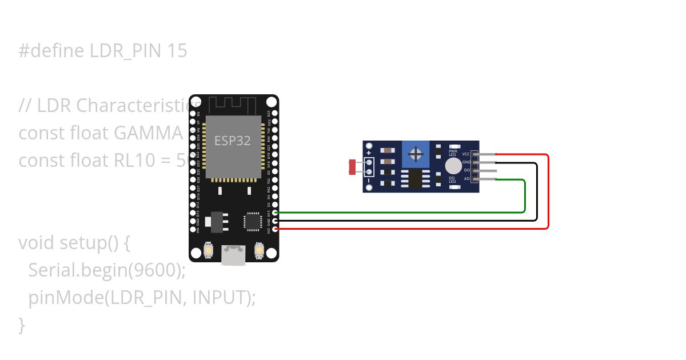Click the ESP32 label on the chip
click(233, 141)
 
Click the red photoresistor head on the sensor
click(352, 167)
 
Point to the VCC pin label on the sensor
click(466, 154)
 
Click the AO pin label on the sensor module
click(467, 179)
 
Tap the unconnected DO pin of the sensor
click(485, 171)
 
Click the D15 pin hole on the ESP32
click(275, 213)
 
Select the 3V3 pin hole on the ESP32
click(275, 229)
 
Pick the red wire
click(548, 194)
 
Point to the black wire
click(536, 194)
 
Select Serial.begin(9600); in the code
click(107, 270)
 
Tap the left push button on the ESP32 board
click(208, 250)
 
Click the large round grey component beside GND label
click(453, 166)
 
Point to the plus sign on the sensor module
click(369, 153)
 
